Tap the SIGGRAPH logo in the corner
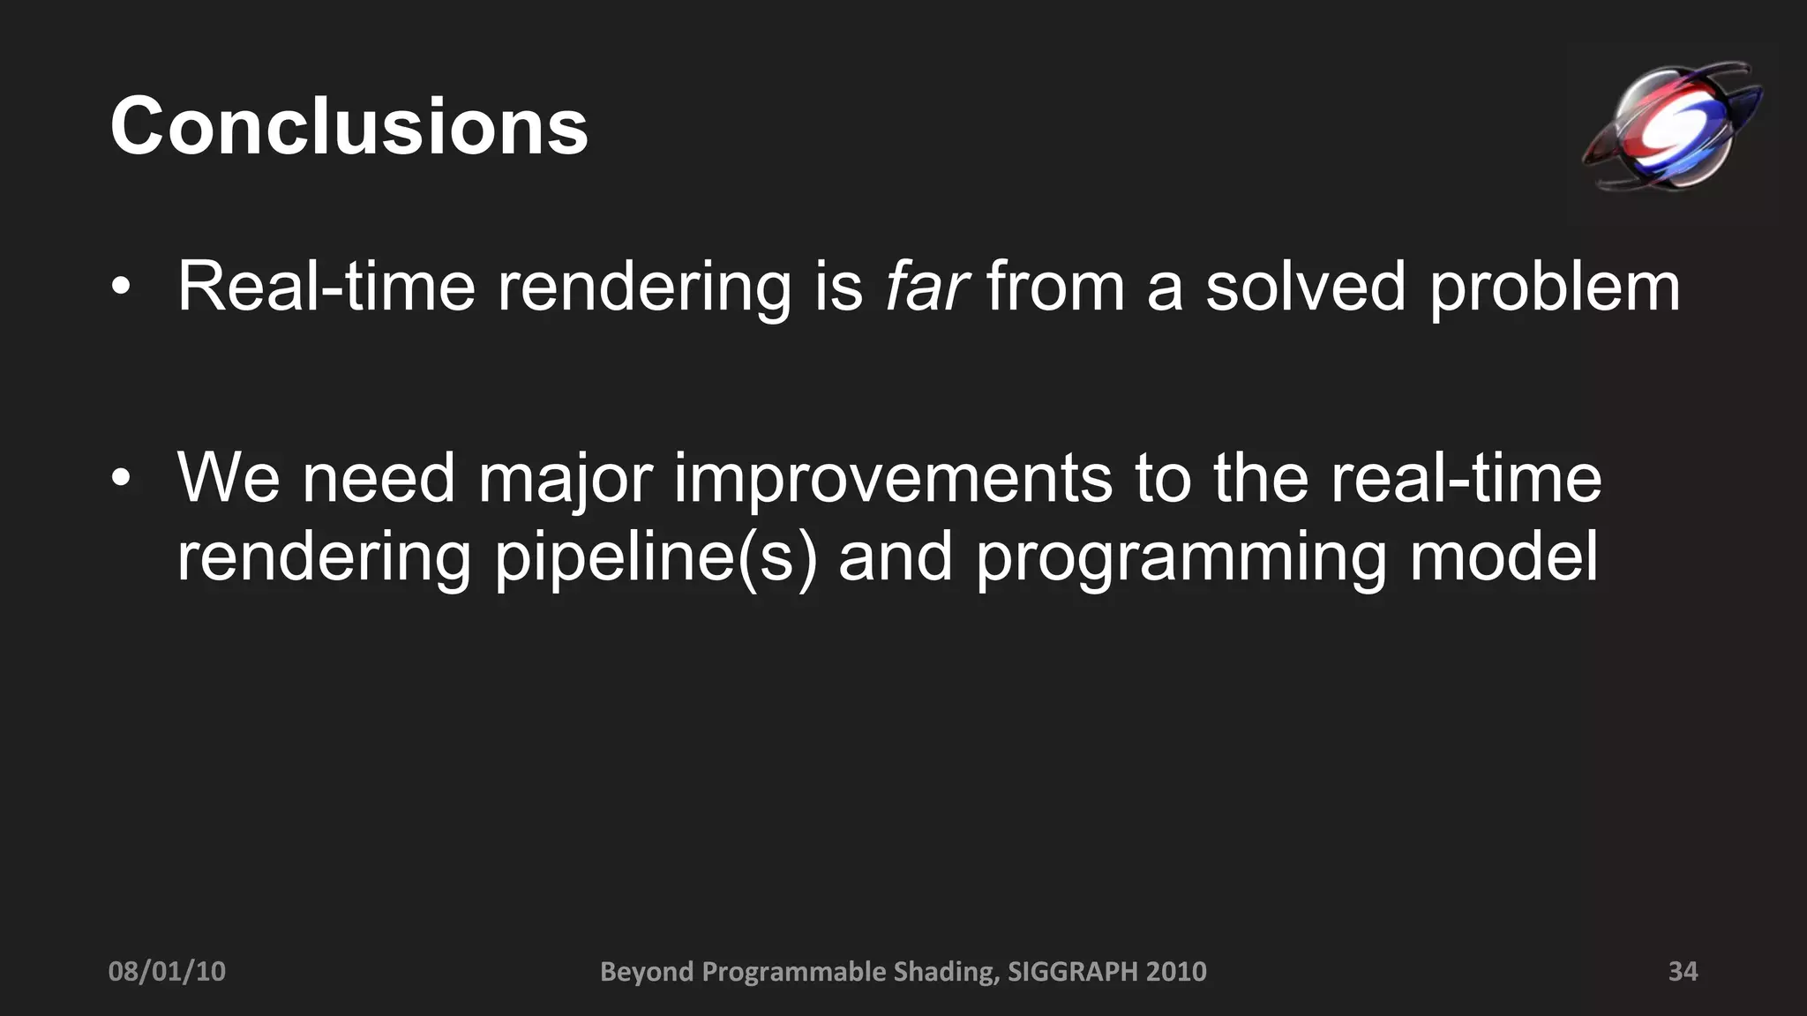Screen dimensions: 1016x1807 click(1670, 126)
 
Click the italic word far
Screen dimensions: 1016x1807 click(926, 286)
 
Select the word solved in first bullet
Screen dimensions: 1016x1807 click(1305, 286)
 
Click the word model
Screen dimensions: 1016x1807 click(1503, 557)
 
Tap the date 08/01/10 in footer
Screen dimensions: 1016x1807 click(167, 971)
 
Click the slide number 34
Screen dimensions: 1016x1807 click(1683, 971)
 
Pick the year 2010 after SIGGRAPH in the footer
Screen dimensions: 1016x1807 click(1176, 971)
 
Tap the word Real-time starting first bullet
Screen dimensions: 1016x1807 click(326, 286)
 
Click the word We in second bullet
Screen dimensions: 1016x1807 click(229, 478)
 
